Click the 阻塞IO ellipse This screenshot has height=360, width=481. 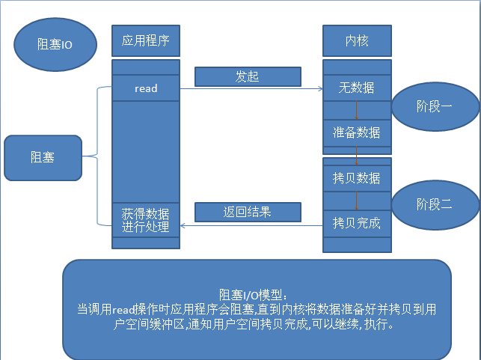tap(54, 44)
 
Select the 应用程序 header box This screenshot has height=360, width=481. tap(146, 40)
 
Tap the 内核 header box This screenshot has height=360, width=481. tap(357, 40)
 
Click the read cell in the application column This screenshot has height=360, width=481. tap(146, 88)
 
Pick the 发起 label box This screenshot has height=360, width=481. tap(248, 77)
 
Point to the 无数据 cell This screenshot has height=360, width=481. tap(357, 88)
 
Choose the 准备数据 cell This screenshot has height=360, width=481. tap(357, 132)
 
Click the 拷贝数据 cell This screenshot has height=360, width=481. tap(357, 178)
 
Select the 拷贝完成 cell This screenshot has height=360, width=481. tap(357, 222)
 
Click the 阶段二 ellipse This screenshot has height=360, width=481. tap(435, 203)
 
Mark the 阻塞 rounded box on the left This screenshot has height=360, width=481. tap(42, 157)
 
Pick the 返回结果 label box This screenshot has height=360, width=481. tap(248, 212)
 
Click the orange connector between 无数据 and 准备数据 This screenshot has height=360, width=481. tap(357, 110)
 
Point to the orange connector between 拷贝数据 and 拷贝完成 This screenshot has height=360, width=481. tap(357, 200)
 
